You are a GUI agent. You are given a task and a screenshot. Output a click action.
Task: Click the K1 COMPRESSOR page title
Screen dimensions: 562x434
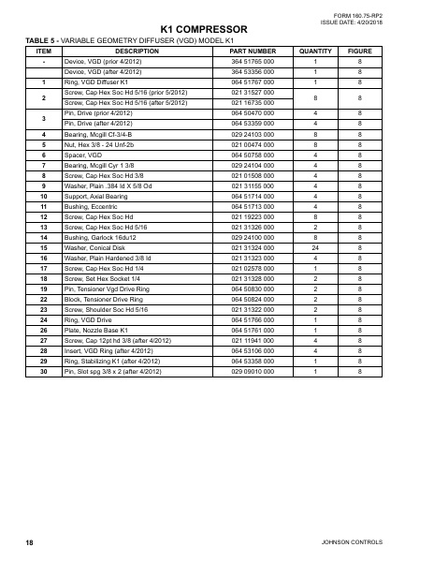(217, 29)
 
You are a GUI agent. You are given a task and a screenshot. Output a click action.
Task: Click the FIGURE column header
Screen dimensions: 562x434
(360, 52)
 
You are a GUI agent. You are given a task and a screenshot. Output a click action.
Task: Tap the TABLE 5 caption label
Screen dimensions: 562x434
(43, 41)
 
